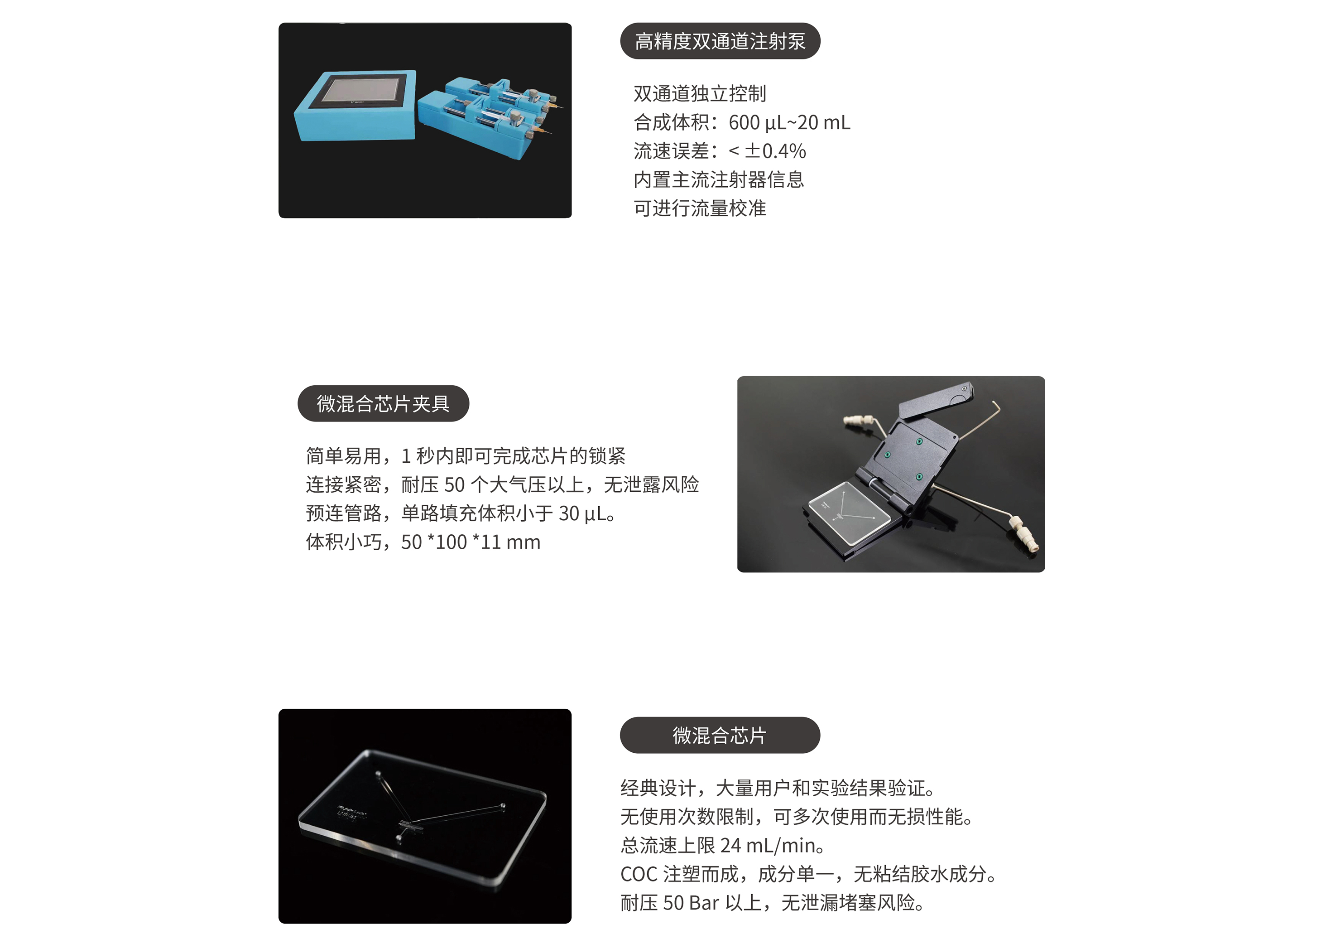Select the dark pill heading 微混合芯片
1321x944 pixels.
tap(720, 736)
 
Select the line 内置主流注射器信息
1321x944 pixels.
tap(719, 179)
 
